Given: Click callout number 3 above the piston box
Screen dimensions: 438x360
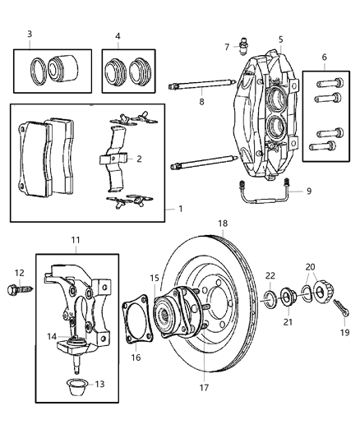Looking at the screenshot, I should [30, 34].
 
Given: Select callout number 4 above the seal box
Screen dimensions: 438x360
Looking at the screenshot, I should [118, 36].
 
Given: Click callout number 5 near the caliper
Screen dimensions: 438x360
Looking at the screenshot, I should [280, 39].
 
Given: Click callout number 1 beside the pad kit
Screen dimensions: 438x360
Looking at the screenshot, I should [180, 209].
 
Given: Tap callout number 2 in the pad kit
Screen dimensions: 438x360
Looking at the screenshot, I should [139, 159].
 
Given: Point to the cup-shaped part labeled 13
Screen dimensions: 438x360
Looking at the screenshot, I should [78, 385].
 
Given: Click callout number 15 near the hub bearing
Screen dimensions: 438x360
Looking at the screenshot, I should [155, 279].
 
